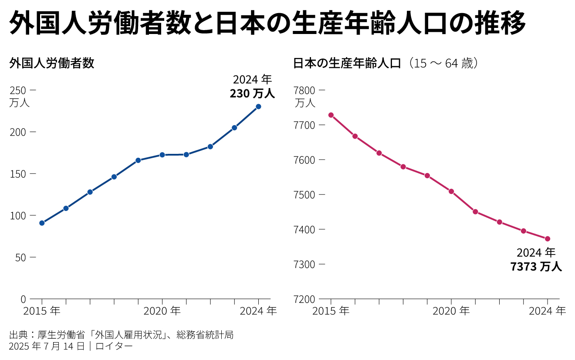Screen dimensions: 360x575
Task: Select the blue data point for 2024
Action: tap(258, 106)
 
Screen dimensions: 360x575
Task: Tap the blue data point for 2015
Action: tap(42, 223)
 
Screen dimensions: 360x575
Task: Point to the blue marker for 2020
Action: tap(162, 155)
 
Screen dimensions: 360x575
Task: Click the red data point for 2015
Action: tap(331, 115)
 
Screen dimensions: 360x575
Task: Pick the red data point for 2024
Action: tap(548, 239)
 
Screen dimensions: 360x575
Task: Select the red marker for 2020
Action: tap(451, 191)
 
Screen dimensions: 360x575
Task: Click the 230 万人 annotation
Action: tap(253, 94)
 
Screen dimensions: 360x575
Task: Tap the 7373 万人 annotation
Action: tap(536, 267)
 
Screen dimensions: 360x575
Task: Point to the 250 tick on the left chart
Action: tap(18, 90)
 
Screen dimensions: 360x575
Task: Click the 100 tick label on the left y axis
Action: tap(18, 216)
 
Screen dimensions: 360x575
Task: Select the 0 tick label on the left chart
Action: tap(23, 299)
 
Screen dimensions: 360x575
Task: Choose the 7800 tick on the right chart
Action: tap(304, 90)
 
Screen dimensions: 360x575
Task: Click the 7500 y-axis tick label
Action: tap(304, 195)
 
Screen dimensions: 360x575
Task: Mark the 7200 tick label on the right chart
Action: tap(304, 299)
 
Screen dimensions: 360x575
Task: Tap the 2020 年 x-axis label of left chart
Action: tap(162, 311)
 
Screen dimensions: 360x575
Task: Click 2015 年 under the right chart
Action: tap(331, 311)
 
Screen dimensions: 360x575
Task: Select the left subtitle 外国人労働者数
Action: tap(52, 64)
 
